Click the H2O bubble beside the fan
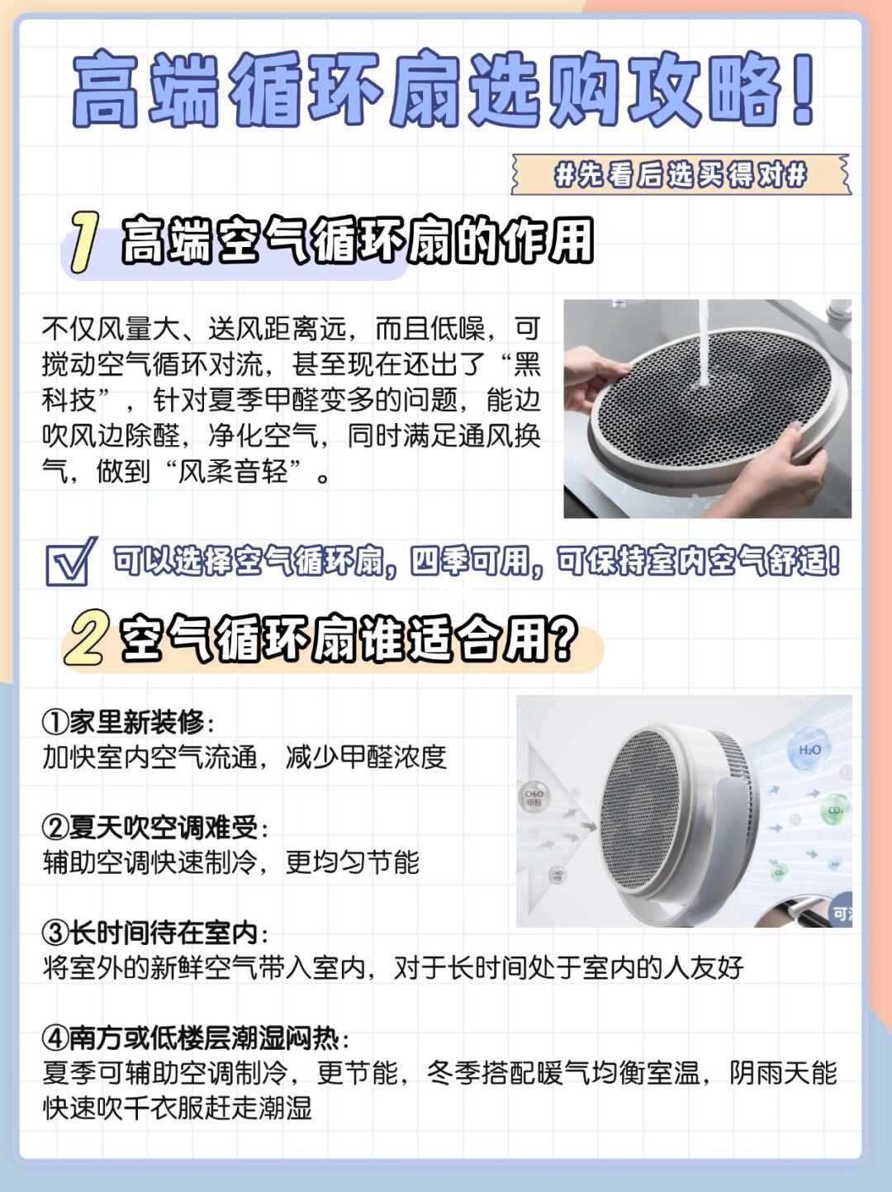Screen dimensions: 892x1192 point(809,750)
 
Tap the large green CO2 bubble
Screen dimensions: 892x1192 point(834,810)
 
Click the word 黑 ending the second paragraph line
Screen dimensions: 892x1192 point(527,363)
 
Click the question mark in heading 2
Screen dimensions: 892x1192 point(562,639)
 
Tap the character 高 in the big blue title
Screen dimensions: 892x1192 point(106,89)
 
